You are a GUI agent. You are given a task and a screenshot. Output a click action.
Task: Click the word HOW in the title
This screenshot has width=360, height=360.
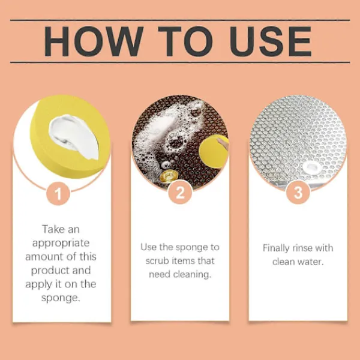[x=94, y=41]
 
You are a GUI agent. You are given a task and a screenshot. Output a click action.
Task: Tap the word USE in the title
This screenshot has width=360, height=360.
[x=271, y=41]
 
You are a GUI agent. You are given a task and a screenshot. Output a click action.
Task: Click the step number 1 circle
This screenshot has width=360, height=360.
[x=58, y=194]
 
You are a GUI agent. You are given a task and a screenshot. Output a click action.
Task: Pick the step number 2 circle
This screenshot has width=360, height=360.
[x=180, y=193]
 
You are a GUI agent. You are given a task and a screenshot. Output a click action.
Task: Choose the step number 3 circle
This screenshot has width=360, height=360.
[x=298, y=193]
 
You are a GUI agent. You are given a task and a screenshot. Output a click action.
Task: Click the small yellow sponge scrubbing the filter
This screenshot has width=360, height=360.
[x=213, y=151]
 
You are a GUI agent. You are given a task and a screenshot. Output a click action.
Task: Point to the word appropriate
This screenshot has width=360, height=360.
[x=61, y=244]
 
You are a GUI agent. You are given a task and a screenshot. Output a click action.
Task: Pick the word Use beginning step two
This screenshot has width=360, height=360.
[x=149, y=247]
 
